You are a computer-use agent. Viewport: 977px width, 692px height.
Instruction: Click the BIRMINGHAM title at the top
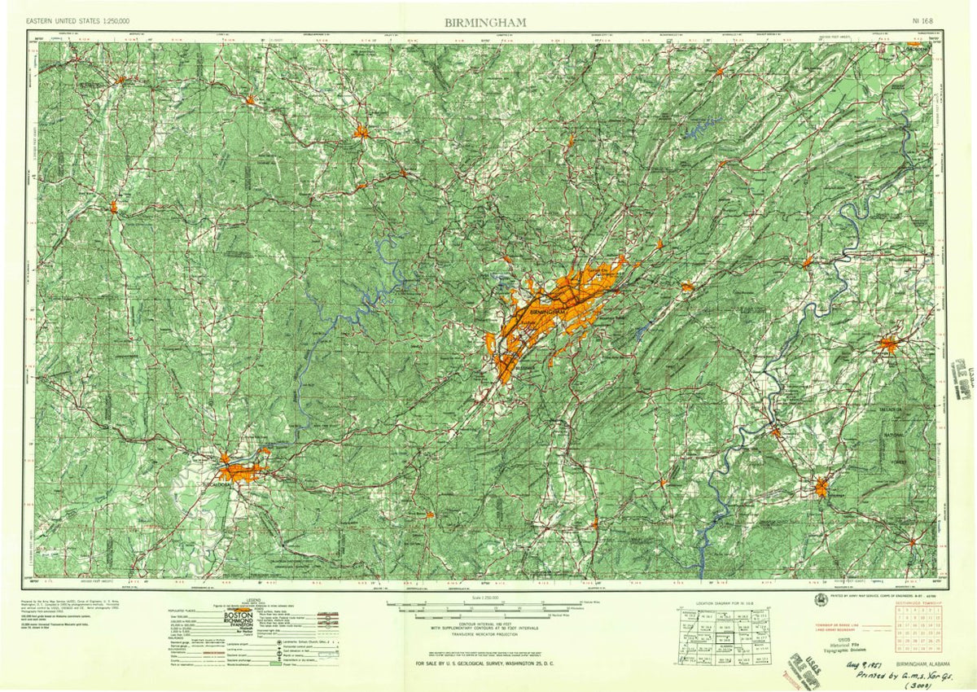tap(485, 22)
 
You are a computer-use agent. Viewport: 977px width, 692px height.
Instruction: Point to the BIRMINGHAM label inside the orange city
tap(546, 312)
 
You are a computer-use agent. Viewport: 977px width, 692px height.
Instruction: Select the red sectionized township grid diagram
tap(918, 630)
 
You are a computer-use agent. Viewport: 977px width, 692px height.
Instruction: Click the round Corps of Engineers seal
tap(818, 598)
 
